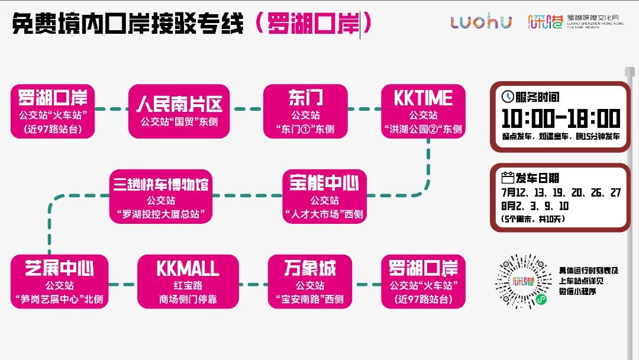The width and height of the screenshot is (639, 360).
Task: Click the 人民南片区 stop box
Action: pyautogui.click(x=179, y=111)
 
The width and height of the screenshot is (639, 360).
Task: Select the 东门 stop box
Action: pyautogui.click(x=305, y=111)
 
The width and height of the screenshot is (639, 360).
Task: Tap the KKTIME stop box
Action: pyautogui.click(x=423, y=111)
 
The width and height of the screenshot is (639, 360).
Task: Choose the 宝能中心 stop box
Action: pyautogui.click(x=324, y=197)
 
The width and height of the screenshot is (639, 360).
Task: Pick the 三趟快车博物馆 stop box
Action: pyautogui.click(x=161, y=197)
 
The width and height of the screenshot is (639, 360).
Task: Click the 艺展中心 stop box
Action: pyautogui.click(x=59, y=282)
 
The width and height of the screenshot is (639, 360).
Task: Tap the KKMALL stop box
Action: pyautogui.click(x=188, y=282)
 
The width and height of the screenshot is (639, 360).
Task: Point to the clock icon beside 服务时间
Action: pyautogui.click(x=507, y=97)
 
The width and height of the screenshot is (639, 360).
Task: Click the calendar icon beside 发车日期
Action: pyautogui.click(x=508, y=178)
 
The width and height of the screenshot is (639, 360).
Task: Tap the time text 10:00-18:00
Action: pyautogui.click(x=560, y=118)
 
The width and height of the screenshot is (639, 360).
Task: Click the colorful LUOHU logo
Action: pyautogui.click(x=481, y=22)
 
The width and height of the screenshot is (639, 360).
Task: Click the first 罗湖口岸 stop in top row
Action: pyautogui.click(x=53, y=111)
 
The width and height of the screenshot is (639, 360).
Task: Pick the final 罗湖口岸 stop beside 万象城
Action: pyautogui.click(x=423, y=282)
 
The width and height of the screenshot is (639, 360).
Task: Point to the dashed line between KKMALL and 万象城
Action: pyautogui.click(x=253, y=284)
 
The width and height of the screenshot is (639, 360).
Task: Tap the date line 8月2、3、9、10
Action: pyautogui.click(x=534, y=206)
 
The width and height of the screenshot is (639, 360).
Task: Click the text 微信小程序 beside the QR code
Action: pyautogui.click(x=579, y=291)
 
